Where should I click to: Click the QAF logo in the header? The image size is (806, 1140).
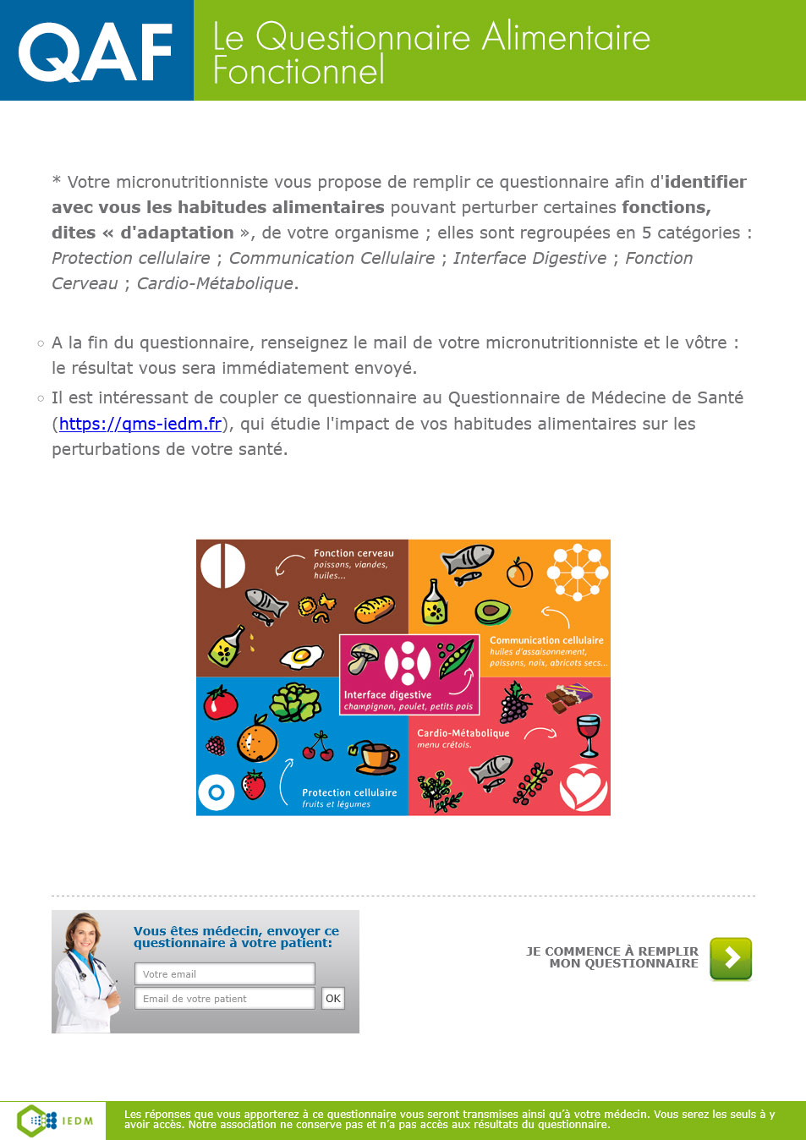tap(96, 52)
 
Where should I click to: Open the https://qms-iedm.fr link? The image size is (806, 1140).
tap(140, 424)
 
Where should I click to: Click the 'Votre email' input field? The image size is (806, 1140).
tap(224, 974)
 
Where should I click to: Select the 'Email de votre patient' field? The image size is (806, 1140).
tap(224, 999)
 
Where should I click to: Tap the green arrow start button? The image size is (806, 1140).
tap(731, 958)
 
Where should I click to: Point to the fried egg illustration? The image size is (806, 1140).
tap(301, 655)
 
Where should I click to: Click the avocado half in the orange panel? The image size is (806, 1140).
tap(492, 611)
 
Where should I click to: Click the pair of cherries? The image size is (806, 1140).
tap(318, 747)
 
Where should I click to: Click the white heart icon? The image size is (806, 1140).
tap(584, 787)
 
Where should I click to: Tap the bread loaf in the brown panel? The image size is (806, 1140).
tap(374, 608)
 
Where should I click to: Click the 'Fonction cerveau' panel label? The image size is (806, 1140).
tap(354, 553)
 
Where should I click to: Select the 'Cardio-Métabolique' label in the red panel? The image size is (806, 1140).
tap(463, 733)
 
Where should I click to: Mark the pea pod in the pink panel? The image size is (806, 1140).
tap(455, 657)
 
